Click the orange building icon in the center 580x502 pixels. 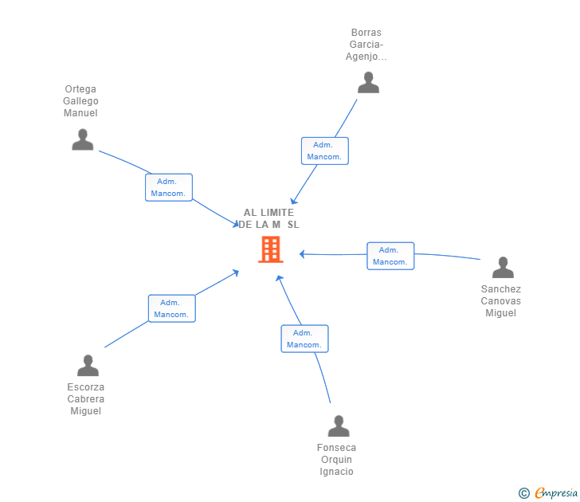271,249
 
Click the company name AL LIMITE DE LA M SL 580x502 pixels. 269,218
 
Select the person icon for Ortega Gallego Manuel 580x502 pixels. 82,139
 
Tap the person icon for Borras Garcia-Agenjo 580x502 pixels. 368,82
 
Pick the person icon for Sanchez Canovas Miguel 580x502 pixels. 503,268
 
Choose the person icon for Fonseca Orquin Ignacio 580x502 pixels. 339,426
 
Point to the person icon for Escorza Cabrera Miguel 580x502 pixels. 88,366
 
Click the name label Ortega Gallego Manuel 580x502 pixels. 80,101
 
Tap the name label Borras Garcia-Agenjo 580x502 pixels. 366,45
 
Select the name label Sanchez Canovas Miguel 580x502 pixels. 501,301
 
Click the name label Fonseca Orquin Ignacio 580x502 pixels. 336,460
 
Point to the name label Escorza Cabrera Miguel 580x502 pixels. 86,399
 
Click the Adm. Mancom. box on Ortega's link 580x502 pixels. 169,187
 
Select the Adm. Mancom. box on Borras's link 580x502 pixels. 324,151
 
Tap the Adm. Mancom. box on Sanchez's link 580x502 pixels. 390,256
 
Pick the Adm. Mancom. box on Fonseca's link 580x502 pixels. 304,339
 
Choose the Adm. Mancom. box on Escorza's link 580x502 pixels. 171,308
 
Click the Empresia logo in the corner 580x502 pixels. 556,493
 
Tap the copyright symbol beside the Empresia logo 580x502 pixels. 524,493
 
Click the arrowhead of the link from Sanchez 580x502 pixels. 302,254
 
